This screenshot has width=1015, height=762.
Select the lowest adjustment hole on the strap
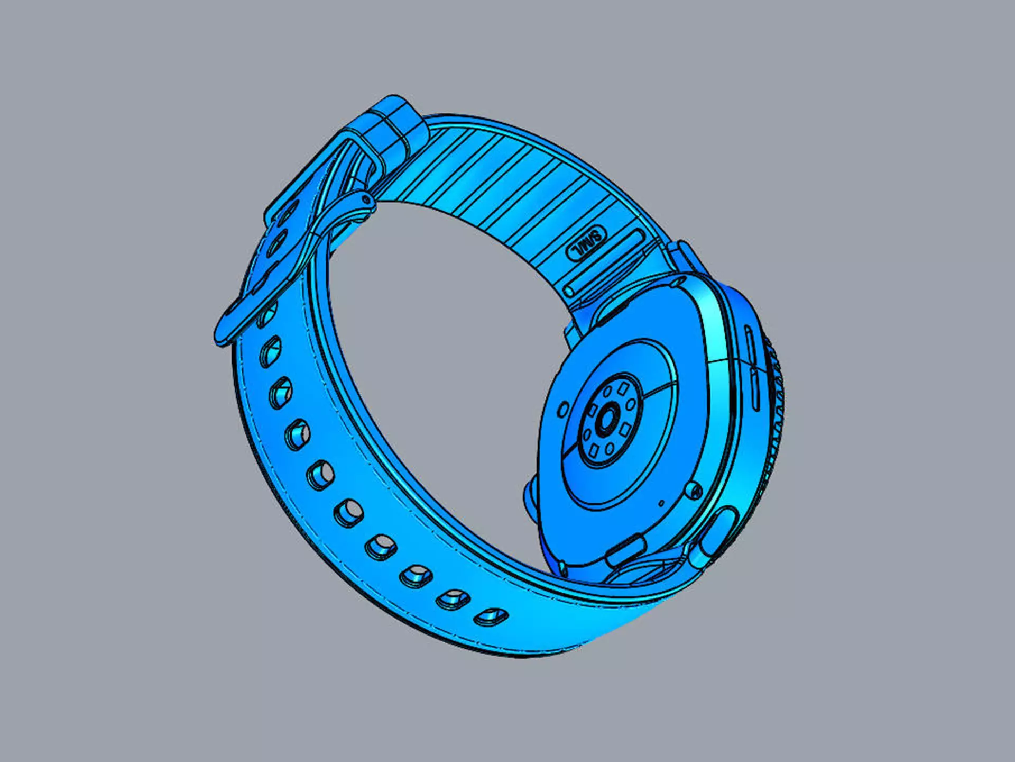coord(491,616)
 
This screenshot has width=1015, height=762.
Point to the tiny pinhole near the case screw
coord(661,502)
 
